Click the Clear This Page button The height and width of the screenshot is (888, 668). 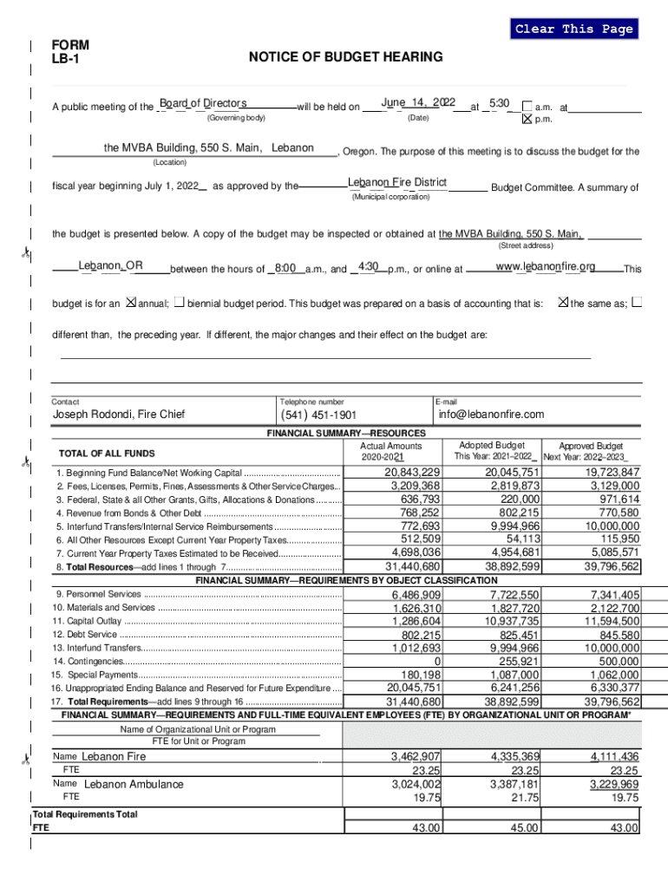[x=573, y=29]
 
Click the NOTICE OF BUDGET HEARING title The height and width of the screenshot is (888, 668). [x=345, y=57]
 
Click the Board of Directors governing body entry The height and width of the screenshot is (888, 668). [x=204, y=103]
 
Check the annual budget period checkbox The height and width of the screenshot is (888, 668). [x=131, y=303]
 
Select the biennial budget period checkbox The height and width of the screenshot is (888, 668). [x=179, y=303]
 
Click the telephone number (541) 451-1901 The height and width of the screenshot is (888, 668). [x=318, y=415]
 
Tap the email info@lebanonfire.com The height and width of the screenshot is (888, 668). [x=491, y=415]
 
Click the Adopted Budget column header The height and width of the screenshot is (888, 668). [x=492, y=445]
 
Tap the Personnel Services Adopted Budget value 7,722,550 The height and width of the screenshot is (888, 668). [x=514, y=595]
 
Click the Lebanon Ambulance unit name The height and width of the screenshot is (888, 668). [x=134, y=784]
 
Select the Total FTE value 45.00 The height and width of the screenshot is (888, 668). [x=524, y=828]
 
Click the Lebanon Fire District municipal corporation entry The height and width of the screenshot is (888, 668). [x=397, y=182]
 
